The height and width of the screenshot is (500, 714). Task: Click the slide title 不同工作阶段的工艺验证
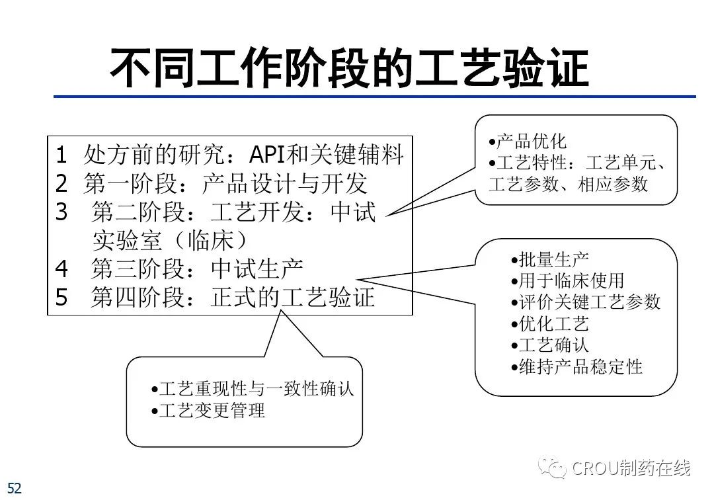click(348, 67)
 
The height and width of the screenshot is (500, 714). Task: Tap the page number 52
click(14, 489)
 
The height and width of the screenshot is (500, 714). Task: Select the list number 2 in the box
click(61, 184)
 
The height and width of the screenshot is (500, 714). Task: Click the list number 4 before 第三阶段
click(61, 269)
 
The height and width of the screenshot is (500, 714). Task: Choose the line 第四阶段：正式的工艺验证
click(233, 298)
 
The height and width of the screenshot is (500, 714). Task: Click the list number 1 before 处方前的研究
click(61, 155)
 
